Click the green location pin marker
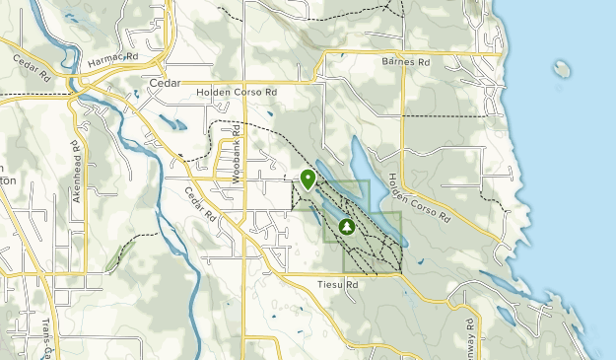pos(308,179)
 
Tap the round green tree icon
pos(347,227)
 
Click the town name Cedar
pos(163,84)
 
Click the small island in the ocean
pos(562,69)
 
